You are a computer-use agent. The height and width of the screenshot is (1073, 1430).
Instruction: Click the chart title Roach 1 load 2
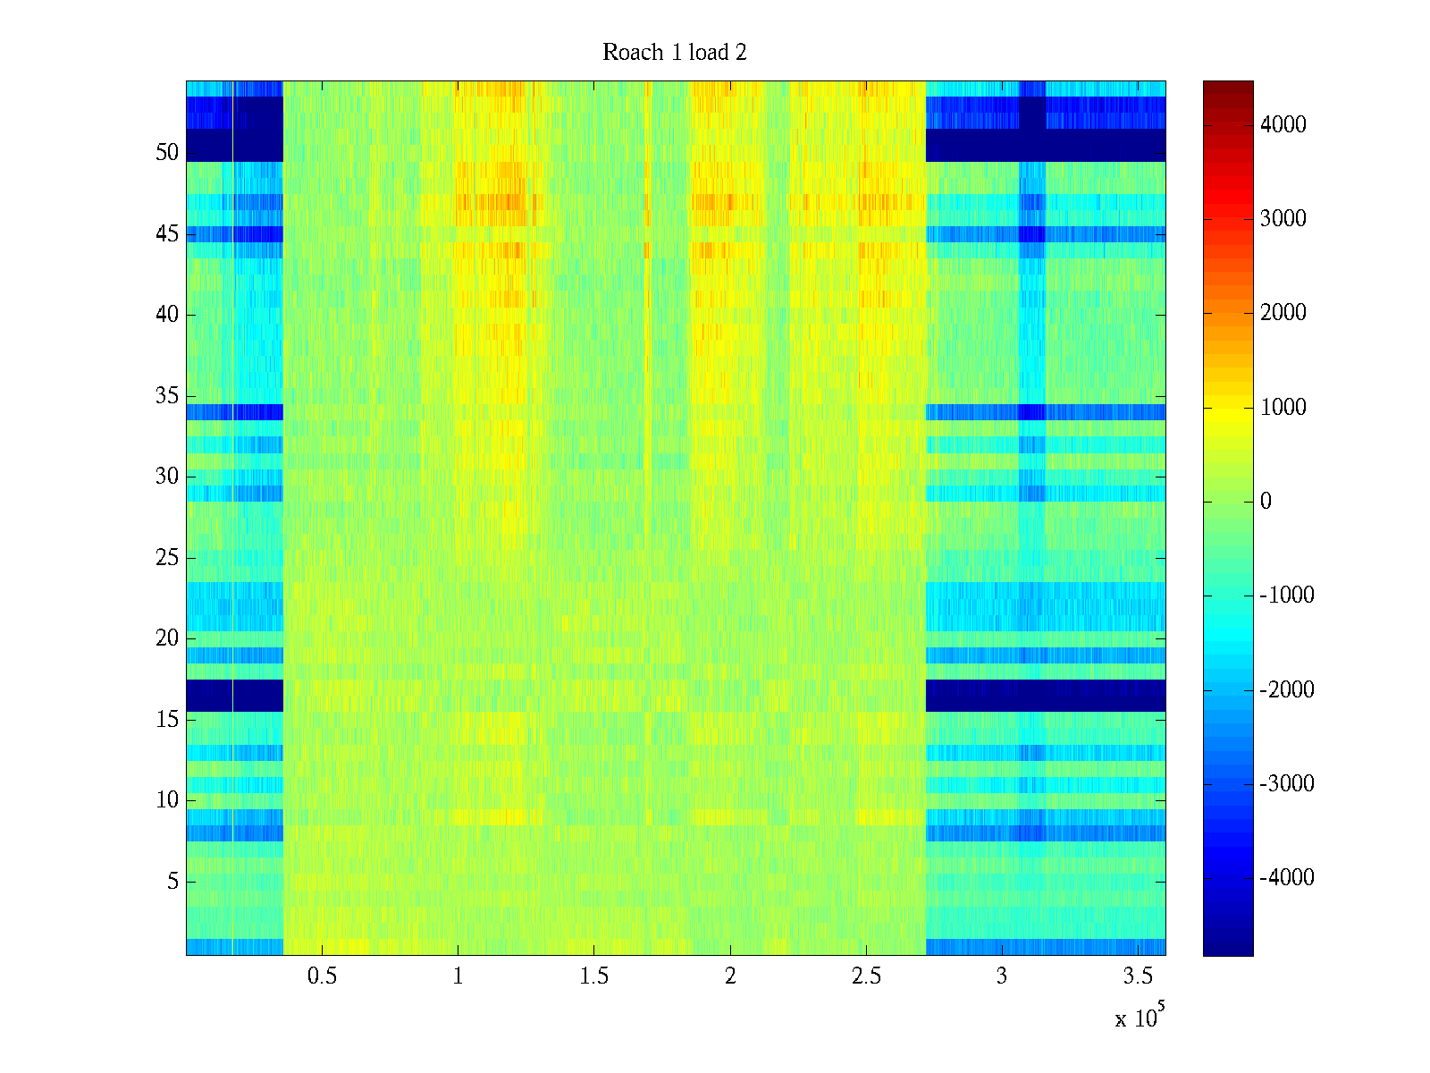pyautogui.click(x=675, y=53)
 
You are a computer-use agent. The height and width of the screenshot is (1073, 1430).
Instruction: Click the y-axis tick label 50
pyautogui.click(x=167, y=153)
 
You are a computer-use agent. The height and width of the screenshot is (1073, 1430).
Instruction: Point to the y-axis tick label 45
pyautogui.click(x=167, y=234)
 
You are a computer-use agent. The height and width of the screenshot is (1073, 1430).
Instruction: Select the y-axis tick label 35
pyautogui.click(x=167, y=396)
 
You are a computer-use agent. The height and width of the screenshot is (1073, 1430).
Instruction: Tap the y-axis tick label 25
pyautogui.click(x=167, y=558)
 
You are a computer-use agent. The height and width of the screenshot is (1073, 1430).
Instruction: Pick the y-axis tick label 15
pyautogui.click(x=167, y=720)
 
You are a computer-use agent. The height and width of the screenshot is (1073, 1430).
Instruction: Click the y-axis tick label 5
pyautogui.click(x=172, y=882)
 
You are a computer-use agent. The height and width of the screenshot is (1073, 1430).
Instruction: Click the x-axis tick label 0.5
pyautogui.click(x=322, y=976)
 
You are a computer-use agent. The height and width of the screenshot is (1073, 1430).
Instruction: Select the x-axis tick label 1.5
pyautogui.click(x=593, y=976)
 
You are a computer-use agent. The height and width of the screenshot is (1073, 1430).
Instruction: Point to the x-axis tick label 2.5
pyautogui.click(x=866, y=976)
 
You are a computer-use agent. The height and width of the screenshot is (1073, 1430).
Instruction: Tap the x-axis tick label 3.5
pyautogui.click(x=1138, y=976)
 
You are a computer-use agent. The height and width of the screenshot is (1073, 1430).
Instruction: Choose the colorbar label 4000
pyautogui.click(x=1283, y=125)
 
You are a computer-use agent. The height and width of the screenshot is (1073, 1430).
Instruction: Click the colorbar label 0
pyautogui.click(x=1266, y=502)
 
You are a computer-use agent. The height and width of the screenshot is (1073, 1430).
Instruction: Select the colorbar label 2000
pyautogui.click(x=1283, y=313)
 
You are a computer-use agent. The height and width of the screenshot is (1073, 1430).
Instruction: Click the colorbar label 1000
pyautogui.click(x=1283, y=408)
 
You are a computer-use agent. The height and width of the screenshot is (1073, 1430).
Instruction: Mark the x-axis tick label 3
pyautogui.click(x=1002, y=976)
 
